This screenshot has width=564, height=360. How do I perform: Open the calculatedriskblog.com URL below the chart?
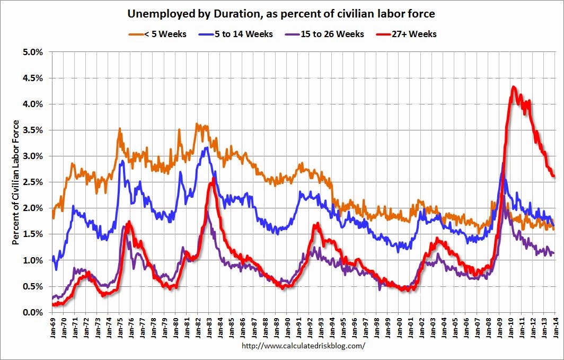pyautogui.click(x=303, y=346)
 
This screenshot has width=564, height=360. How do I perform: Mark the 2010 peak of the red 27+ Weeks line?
pyautogui.click(x=513, y=87)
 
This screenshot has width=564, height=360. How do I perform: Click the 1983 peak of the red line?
pyautogui.click(x=213, y=179)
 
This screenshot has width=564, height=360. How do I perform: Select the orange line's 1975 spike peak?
pyautogui.click(x=120, y=128)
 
